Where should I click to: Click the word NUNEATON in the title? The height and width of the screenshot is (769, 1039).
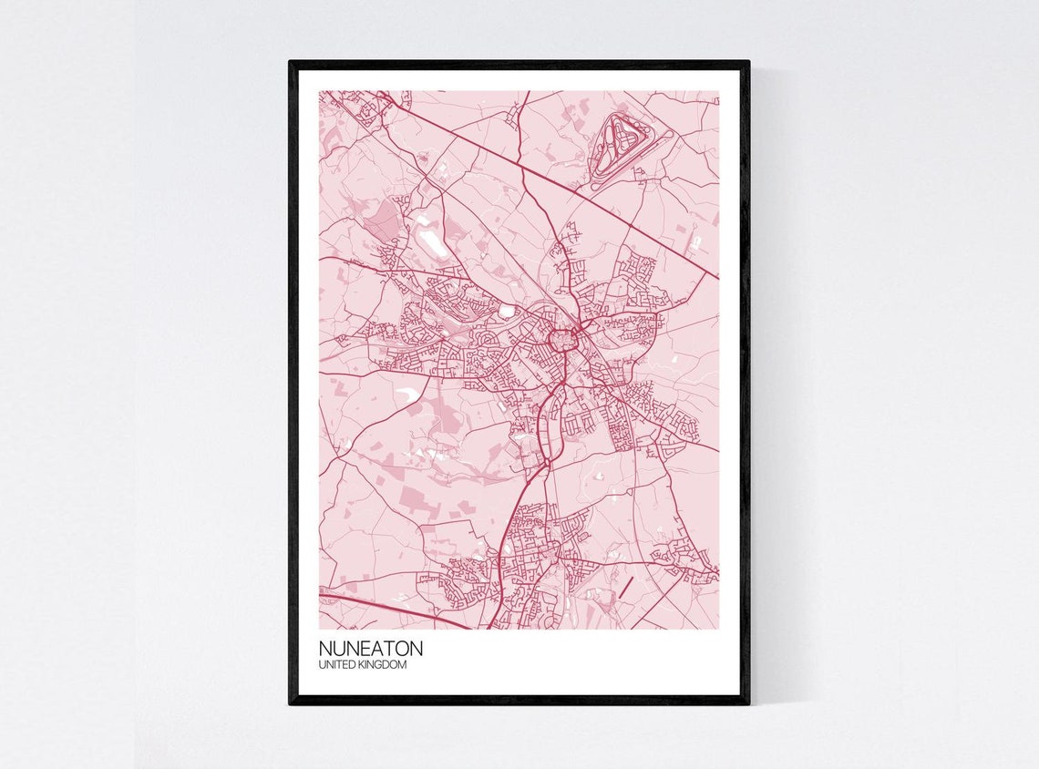[x=371, y=649]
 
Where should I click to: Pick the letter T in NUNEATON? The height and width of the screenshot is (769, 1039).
[x=385, y=649]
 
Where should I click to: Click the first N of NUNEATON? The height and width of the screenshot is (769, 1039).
[x=325, y=649]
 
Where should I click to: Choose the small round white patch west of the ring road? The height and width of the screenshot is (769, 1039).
[x=506, y=312]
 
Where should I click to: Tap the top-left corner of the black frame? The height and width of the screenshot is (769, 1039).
[x=292, y=63]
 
